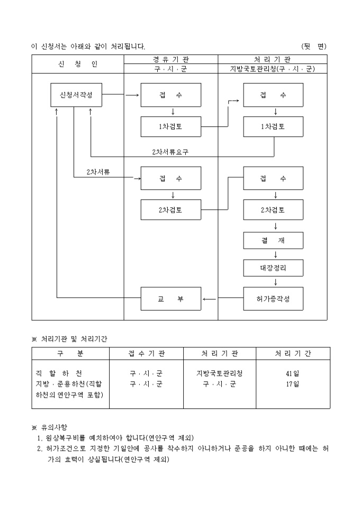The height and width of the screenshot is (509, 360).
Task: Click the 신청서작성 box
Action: [76, 95]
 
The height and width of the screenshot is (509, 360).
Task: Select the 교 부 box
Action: [170, 299]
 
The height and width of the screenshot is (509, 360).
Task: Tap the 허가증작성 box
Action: [273, 299]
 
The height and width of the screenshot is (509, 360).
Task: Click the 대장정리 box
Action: [273, 268]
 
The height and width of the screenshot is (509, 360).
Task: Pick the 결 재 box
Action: [273, 240]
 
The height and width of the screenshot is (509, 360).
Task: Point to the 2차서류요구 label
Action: [170, 152]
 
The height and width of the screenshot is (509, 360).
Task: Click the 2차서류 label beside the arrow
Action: [98, 172]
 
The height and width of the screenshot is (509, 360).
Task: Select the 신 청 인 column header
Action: [77, 64]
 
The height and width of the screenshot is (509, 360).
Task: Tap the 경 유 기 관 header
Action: [170, 59]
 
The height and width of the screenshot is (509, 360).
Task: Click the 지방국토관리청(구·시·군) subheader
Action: [272, 69]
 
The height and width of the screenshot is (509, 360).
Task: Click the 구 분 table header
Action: [70, 353]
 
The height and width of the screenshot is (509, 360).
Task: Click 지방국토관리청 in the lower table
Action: [220, 374]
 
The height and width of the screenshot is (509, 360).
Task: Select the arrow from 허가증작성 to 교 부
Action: [209, 299]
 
